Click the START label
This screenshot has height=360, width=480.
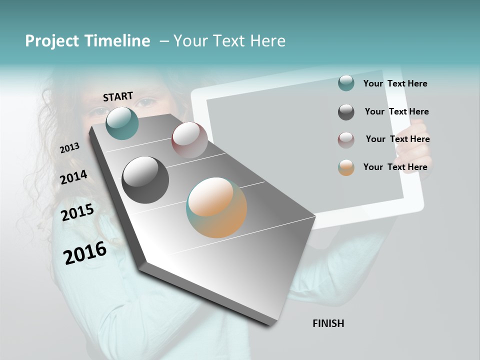click(x=118, y=96)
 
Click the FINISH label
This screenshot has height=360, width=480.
click(x=328, y=323)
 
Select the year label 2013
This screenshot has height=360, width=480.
click(x=69, y=148)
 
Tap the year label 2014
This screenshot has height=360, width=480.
click(x=73, y=177)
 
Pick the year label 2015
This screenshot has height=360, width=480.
click(x=77, y=212)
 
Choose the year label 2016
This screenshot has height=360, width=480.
click(x=85, y=253)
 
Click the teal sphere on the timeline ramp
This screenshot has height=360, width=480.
click(x=122, y=123)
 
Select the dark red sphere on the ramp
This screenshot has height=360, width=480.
click(x=189, y=140)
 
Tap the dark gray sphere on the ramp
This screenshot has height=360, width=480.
click(x=145, y=179)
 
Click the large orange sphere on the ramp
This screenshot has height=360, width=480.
click(x=216, y=207)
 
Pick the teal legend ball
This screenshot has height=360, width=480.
click(x=346, y=83)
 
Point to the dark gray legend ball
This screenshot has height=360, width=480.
click(x=346, y=112)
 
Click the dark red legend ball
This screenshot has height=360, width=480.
click(x=346, y=140)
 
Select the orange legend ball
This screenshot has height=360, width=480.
click(x=346, y=167)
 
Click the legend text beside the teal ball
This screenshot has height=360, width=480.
click(x=395, y=84)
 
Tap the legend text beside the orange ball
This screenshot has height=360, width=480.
click(x=395, y=167)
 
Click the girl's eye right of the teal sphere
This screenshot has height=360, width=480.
click(x=146, y=103)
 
